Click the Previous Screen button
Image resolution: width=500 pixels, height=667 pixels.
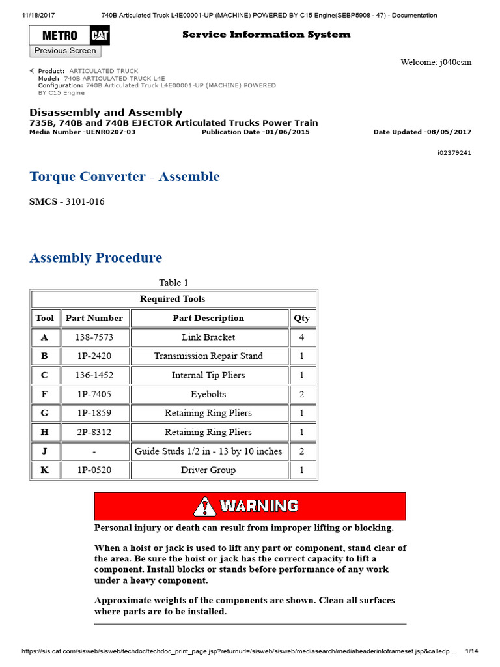point(65,51)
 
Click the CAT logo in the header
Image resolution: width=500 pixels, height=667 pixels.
point(100,35)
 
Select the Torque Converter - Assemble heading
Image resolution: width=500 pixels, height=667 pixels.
point(124,177)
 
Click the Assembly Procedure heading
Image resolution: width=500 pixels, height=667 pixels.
point(96,257)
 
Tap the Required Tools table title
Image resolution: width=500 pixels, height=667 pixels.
point(173,299)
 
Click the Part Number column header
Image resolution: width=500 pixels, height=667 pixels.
point(94,318)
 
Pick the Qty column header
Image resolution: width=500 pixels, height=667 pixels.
point(302,318)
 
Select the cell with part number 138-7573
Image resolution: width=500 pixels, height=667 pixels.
point(94,337)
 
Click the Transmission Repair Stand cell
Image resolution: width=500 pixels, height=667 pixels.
point(208,356)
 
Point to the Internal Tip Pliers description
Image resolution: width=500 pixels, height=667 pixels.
point(208,375)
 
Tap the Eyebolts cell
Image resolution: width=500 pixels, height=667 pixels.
point(208,394)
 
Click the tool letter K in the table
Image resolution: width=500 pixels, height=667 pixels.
point(45,470)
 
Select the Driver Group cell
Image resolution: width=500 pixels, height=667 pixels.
point(208,470)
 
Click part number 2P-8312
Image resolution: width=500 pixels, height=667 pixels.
point(94,432)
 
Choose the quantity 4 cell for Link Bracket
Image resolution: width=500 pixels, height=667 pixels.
point(302,337)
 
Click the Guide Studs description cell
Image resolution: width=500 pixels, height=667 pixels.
point(208,451)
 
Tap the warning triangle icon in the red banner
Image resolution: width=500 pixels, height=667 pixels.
point(205,506)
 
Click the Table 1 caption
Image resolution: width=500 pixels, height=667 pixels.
point(173,283)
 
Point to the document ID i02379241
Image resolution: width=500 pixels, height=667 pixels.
point(454,153)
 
